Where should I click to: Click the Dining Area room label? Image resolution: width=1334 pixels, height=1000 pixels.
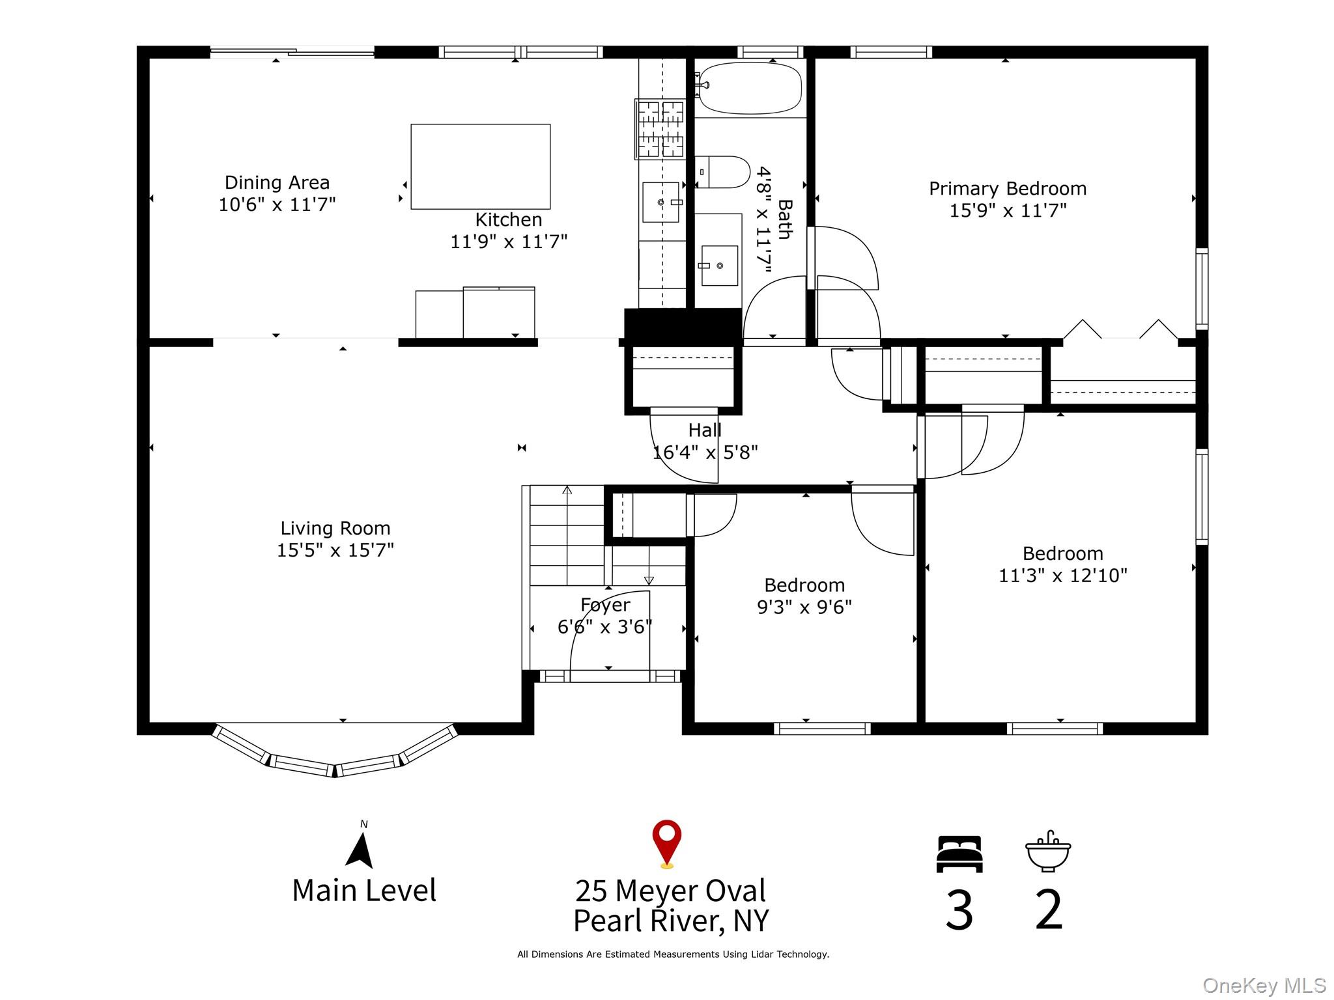(x=277, y=182)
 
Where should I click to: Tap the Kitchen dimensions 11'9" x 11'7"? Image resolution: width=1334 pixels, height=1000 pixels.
(x=509, y=242)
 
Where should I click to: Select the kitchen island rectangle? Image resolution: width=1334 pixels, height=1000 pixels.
(x=480, y=167)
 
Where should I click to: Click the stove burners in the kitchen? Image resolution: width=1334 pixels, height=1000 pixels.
(x=660, y=130)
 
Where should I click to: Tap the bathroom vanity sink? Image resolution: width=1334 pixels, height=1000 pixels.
(x=719, y=266)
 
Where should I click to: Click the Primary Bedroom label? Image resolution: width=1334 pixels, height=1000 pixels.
(x=1007, y=189)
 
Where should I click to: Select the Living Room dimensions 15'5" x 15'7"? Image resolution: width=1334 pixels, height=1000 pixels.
(x=335, y=550)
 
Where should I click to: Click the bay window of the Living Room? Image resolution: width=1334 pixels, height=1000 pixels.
(x=335, y=755)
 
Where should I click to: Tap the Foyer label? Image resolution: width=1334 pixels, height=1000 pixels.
(x=605, y=605)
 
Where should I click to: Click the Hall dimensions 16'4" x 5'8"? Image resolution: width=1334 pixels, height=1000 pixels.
(x=705, y=452)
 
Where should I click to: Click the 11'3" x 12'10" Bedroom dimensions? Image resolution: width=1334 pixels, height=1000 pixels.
(x=1062, y=576)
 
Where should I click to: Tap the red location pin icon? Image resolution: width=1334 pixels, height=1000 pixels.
(x=666, y=842)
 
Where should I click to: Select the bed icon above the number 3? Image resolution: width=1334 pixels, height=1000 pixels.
(x=959, y=854)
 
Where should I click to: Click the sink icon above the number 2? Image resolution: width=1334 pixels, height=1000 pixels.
(x=1047, y=852)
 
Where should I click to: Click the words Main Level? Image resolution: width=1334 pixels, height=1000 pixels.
(x=364, y=890)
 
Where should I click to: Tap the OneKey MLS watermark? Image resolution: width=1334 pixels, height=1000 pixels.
(x=1264, y=986)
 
